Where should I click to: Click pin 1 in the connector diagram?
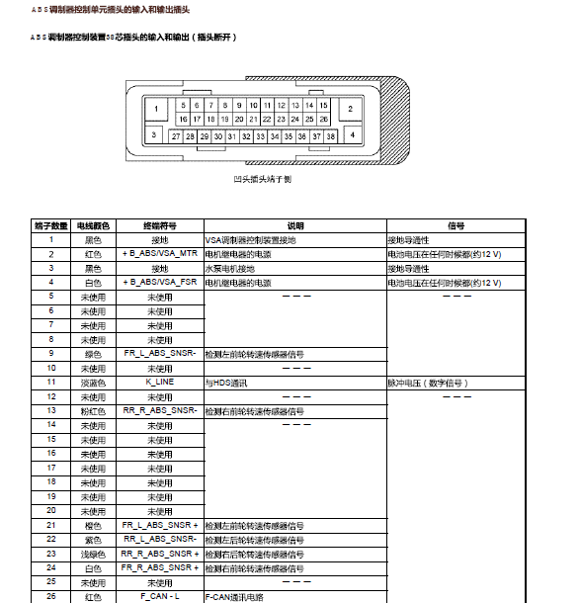coord(156,109)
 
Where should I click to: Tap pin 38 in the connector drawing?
coord(331,136)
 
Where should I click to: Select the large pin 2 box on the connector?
coord(351,109)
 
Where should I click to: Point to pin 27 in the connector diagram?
coord(176,136)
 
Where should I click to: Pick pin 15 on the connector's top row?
coord(323,105)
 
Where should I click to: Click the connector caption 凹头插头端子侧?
coord(262,180)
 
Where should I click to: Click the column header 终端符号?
coord(159,225)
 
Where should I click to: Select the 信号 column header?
coord(456,225)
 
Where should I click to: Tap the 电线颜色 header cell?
coord(92,225)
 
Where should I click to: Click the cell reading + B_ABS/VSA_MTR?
coord(159,254)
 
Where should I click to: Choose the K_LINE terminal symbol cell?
coord(159,382)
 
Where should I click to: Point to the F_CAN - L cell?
coord(159,597)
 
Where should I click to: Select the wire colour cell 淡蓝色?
coord(92,382)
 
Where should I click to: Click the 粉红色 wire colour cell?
coord(92,410)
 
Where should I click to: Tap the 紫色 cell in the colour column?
coord(92,540)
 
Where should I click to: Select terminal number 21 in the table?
coord(51,525)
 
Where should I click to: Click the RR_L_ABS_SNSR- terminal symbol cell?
coord(159,540)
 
